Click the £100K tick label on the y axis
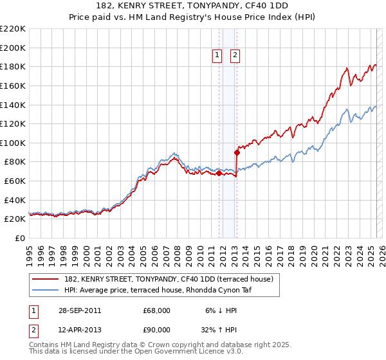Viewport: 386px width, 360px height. click(x=13, y=143)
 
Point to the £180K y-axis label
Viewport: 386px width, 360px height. click(x=13, y=66)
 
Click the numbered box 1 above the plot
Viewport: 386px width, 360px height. click(x=217, y=56)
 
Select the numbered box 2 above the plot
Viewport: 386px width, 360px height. click(x=235, y=56)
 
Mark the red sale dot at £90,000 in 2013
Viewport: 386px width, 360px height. click(x=237, y=152)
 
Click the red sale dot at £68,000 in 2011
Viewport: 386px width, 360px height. click(x=219, y=173)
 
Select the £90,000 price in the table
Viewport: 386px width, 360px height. click(x=157, y=330)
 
